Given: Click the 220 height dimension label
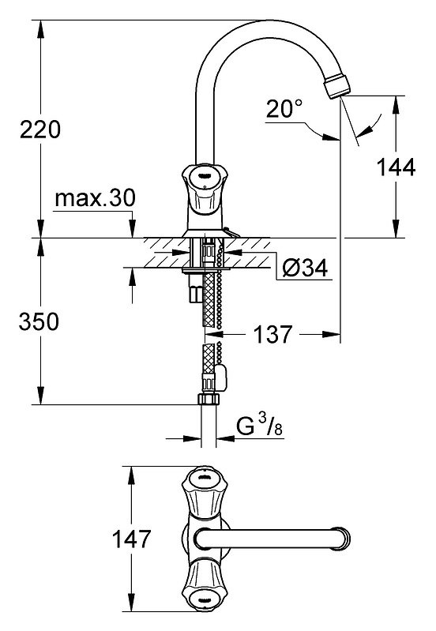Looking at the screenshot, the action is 40,130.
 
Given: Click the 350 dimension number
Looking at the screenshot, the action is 39,321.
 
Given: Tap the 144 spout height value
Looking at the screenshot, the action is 396,167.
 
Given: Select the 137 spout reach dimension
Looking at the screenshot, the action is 272,334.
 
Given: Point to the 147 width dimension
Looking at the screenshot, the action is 131,539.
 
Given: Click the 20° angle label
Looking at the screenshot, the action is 284,109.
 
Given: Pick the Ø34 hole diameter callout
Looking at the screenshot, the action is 305,268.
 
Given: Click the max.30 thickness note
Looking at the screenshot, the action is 95,198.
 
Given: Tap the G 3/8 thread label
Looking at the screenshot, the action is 259,426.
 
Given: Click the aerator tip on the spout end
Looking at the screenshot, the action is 337,85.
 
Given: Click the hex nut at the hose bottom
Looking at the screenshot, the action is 209,399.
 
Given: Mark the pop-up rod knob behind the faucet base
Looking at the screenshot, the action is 232,233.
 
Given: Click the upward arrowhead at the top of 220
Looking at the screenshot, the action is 40,29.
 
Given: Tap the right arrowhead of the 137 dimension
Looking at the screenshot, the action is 331,334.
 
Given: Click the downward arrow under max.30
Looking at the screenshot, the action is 132,228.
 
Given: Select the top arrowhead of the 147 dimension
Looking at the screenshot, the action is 132,475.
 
